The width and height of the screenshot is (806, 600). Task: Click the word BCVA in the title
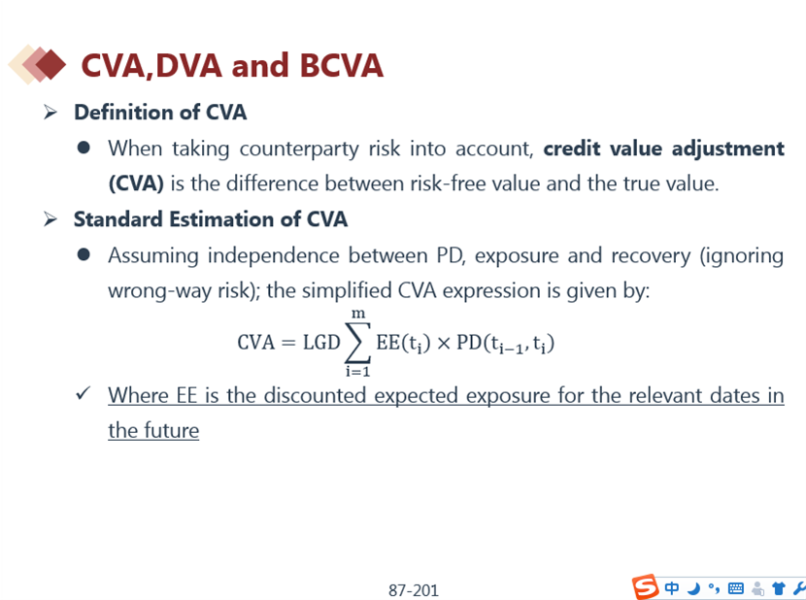tap(340, 66)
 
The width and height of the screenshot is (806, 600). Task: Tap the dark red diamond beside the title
tap(50, 64)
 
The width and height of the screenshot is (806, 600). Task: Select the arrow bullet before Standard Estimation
tap(50, 218)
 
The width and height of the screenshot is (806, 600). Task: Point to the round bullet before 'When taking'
tap(84, 149)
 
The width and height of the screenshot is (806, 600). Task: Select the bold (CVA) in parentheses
tap(136, 183)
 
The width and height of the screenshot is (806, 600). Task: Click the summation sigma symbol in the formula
tap(357, 342)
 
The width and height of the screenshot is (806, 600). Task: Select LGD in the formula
tap(321, 343)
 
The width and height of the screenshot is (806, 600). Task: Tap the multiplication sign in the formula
tap(443, 343)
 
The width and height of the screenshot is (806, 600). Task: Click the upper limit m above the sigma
tap(358, 314)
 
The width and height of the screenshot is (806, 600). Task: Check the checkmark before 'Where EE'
tap(83, 394)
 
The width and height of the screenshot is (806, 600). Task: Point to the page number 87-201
tap(414, 590)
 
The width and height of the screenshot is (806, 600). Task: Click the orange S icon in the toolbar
tap(645, 586)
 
